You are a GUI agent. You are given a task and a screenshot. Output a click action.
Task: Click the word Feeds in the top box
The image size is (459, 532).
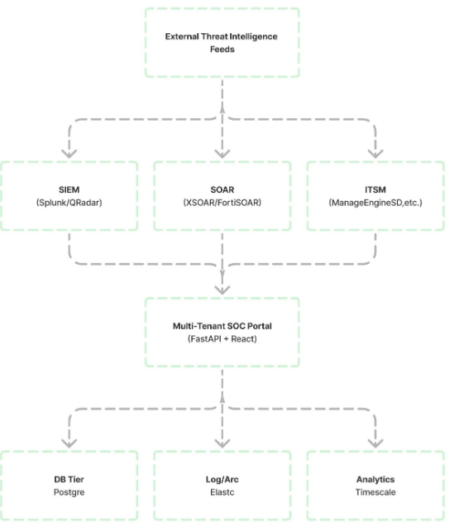point(222,49)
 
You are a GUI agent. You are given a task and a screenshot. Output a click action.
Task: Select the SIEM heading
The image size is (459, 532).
point(69,189)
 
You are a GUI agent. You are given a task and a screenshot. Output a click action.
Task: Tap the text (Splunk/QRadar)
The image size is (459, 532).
point(69,203)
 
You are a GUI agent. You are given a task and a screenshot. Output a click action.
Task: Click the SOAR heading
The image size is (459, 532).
point(222,189)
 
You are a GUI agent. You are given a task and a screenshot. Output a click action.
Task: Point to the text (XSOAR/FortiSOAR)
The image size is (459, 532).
point(222,203)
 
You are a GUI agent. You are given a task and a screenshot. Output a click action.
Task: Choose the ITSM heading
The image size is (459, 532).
point(375,189)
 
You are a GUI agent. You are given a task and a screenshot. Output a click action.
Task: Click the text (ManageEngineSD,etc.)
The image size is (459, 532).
point(375,203)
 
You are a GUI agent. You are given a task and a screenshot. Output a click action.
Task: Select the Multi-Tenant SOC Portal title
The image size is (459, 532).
point(222,326)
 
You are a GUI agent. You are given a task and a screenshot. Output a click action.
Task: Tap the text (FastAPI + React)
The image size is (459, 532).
point(222,339)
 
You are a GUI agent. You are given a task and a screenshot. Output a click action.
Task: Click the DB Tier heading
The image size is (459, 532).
point(69,479)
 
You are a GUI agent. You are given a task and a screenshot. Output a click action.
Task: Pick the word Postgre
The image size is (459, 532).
point(69,492)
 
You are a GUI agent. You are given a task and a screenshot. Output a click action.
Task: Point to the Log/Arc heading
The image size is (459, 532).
point(222,479)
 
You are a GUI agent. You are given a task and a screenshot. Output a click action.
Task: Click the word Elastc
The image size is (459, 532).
point(222,492)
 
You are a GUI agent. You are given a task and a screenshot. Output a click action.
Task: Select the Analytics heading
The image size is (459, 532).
point(375,479)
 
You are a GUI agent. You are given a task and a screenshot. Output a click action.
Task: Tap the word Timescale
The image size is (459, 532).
point(375,492)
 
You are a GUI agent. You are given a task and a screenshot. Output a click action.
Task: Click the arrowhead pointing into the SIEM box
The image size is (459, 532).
point(69,154)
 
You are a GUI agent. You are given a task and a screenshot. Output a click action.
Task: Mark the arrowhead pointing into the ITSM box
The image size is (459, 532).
point(375,154)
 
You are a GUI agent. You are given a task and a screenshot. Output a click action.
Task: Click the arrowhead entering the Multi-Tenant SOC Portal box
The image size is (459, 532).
point(222,290)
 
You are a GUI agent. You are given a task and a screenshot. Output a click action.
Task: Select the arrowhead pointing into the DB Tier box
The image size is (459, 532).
point(69,443)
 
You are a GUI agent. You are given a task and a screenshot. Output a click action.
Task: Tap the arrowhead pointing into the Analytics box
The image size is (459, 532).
point(375,443)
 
